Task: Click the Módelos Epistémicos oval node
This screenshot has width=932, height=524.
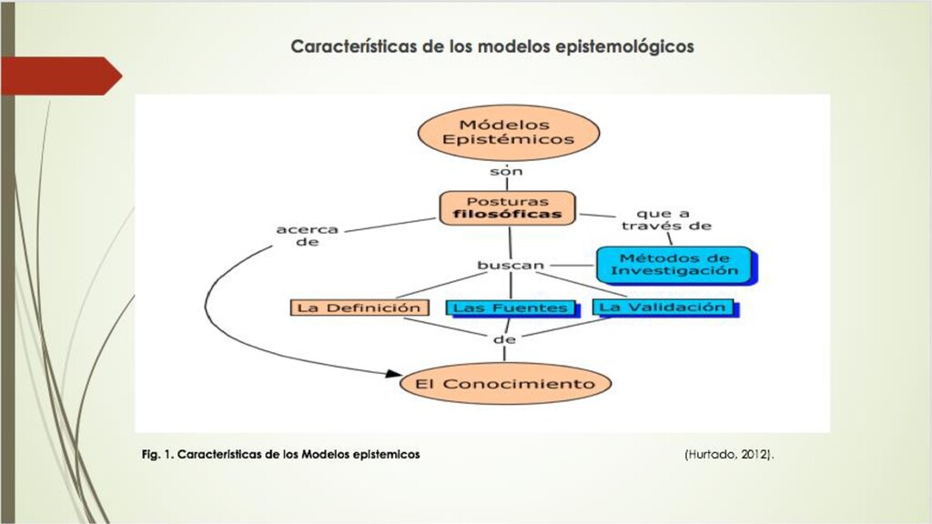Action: (508, 133)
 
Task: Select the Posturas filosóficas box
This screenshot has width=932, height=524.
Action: (508, 208)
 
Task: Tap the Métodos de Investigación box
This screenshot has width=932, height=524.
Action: (674, 264)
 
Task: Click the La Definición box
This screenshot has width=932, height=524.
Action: (359, 307)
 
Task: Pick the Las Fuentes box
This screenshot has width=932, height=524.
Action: (510, 308)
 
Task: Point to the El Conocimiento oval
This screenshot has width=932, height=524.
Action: (505, 383)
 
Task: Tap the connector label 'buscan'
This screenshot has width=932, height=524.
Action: (511, 266)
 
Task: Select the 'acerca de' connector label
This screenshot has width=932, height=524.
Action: (308, 237)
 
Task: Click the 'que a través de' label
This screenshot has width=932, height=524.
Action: (674, 220)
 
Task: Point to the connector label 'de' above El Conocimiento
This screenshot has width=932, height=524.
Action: (504, 339)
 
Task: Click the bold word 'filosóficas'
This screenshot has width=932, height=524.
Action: (508, 216)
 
